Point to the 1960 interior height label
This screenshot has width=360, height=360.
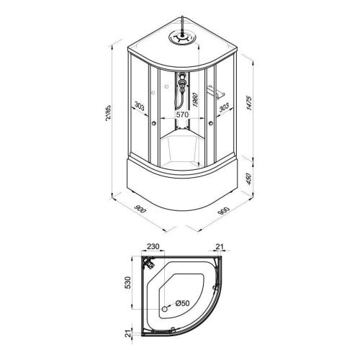[x=195, y=100]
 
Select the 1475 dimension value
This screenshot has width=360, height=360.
[x=250, y=103]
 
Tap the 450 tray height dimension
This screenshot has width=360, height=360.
[x=249, y=179]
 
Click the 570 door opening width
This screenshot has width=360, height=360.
[x=183, y=114]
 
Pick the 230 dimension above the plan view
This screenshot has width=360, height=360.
[x=153, y=246]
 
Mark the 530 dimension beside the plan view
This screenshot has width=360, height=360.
[x=128, y=282]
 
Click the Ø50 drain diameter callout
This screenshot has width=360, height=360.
[x=182, y=303]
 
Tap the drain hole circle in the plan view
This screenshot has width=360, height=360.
[x=165, y=309]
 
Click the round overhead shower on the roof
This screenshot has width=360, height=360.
[x=182, y=37]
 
